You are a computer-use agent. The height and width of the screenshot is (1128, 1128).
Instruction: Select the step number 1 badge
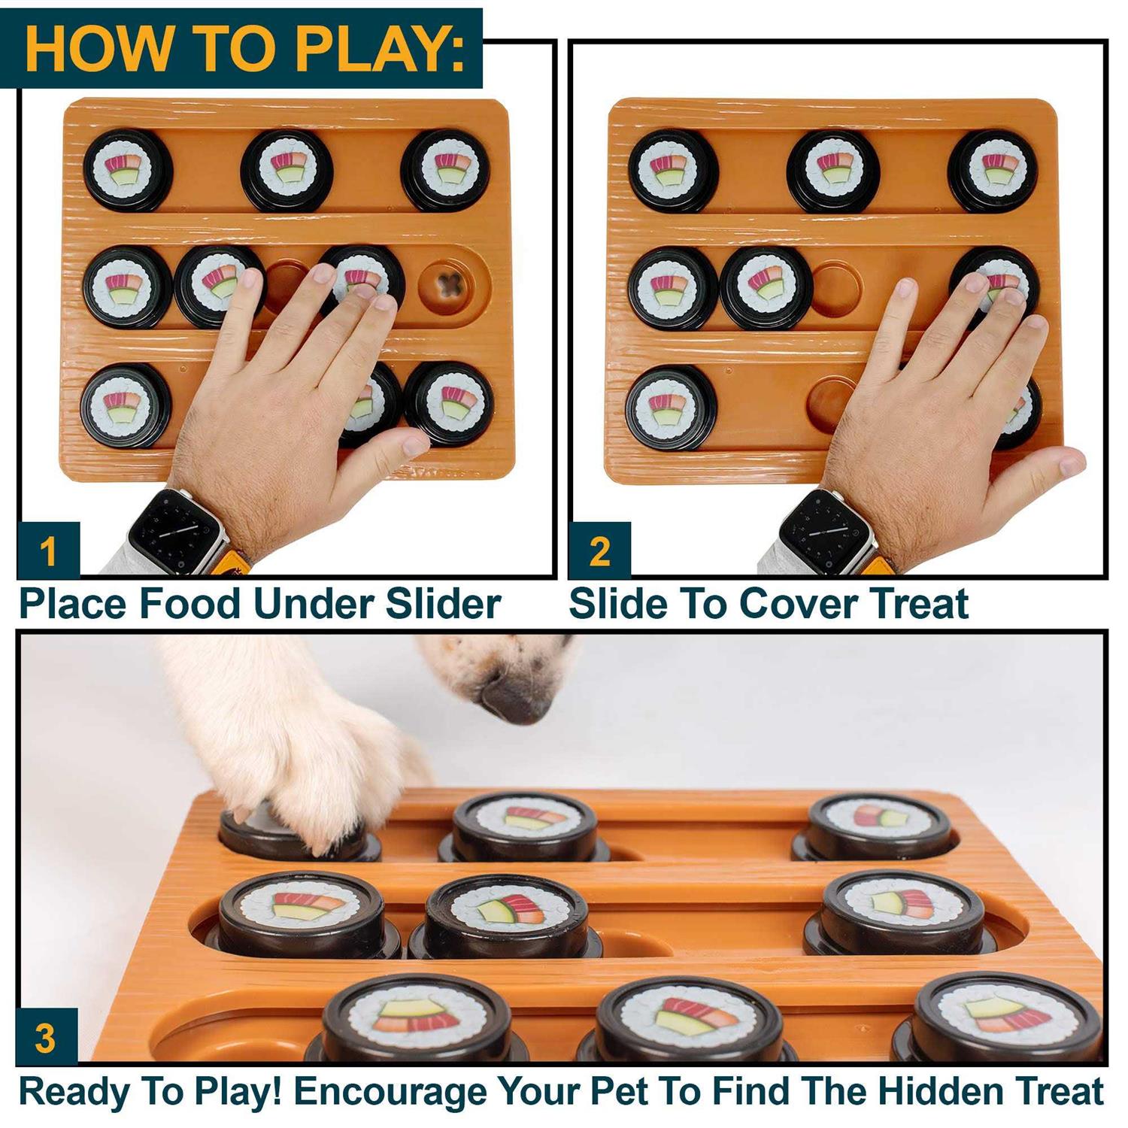[48, 551]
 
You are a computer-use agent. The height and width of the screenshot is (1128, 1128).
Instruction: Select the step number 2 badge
[599, 551]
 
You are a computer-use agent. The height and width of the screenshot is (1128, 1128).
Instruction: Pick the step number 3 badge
[46, 1037]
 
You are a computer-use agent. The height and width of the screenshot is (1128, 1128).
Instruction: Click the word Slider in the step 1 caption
[443, 604]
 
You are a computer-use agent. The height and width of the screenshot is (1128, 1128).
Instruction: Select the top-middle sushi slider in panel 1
[287, 171]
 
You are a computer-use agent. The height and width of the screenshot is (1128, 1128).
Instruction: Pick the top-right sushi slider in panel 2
[993, 171]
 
